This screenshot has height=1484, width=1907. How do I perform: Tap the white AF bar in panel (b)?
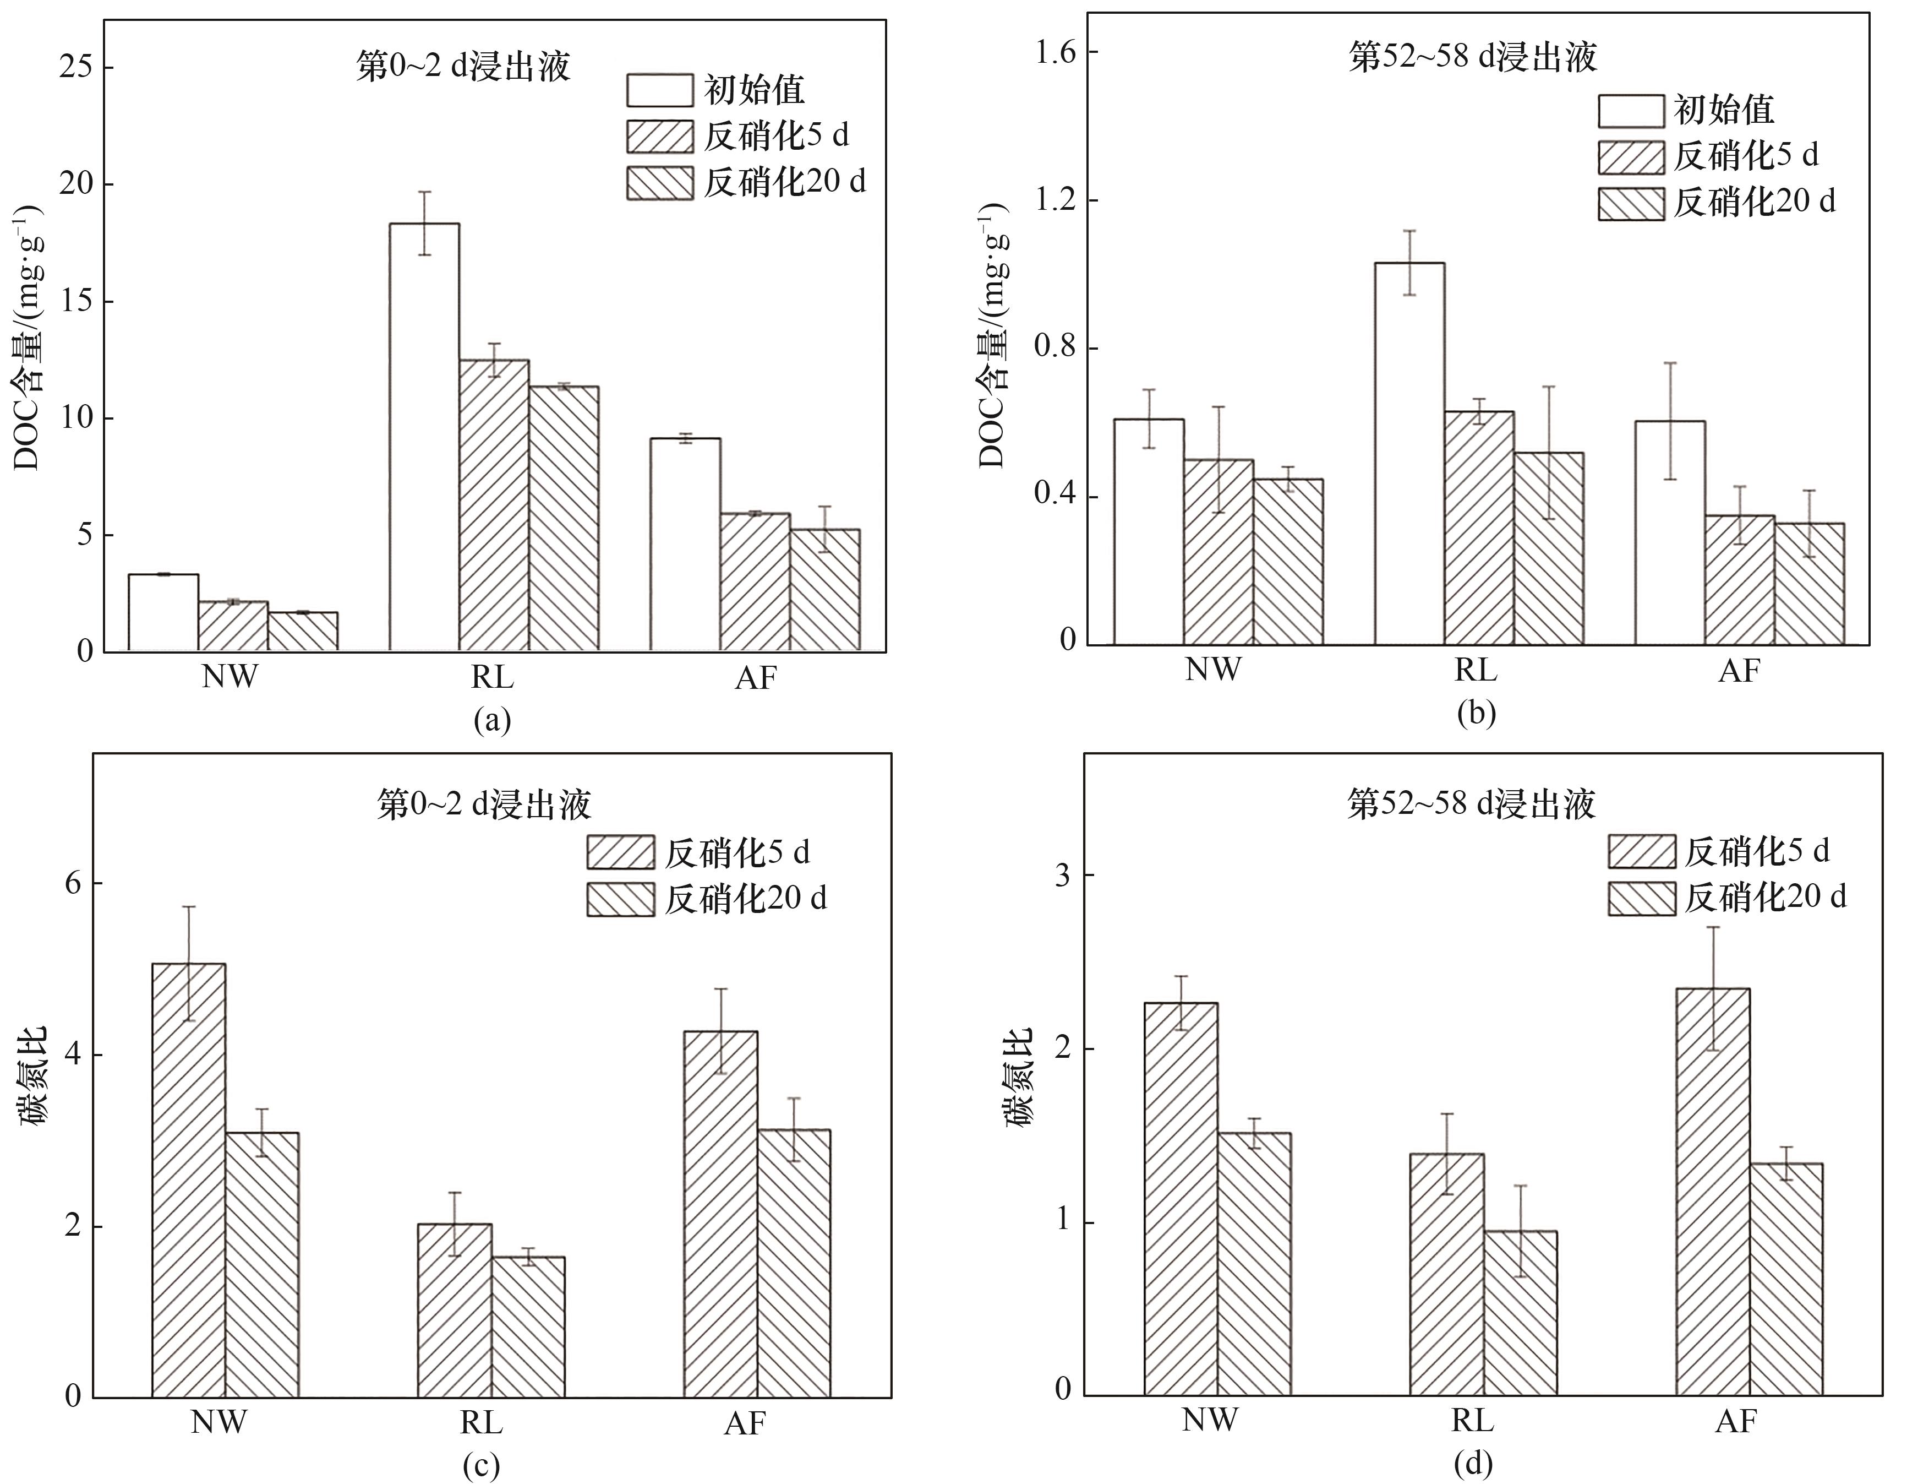[1669, 533]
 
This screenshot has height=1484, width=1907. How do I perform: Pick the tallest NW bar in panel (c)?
[189, 1179]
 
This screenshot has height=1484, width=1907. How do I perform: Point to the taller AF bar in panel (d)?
[1713, 1192]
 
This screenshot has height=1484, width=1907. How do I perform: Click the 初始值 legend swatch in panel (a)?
[659, 90]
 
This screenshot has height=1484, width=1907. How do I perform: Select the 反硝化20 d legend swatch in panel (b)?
[1630, 204]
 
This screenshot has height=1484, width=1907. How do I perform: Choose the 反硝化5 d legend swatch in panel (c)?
[620, 852]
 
